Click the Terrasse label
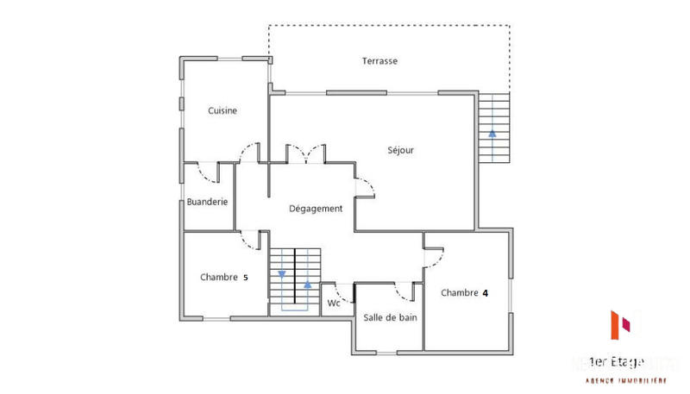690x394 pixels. click(x=379, y=61)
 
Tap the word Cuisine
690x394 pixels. click(x=223, y=110)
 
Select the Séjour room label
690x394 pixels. click(x=400, y=150)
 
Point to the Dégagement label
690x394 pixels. click(x=316, y=208)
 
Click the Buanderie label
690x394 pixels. click(x=207, y=202)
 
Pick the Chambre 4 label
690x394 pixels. click(x=465, y=292)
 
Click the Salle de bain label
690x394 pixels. click(x=390, y=317)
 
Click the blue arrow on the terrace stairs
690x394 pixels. click(x=492, y=133)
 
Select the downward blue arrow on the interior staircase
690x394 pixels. click(x=282, y=275)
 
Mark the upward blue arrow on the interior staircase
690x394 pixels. click(x=307, y=283)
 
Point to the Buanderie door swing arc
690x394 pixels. click(x=208, y=175)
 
